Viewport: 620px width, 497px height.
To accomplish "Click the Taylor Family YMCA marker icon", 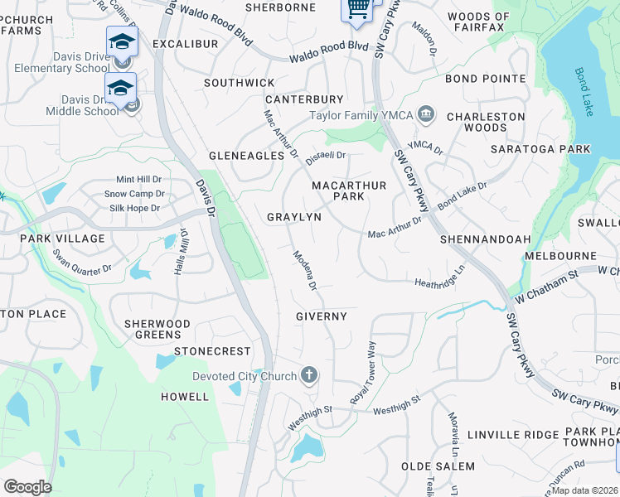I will (426, 114).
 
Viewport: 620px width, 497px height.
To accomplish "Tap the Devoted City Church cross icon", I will (308, 376).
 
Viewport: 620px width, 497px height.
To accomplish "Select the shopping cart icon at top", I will (357, 8).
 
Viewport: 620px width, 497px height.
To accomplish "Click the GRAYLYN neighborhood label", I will (293, 217).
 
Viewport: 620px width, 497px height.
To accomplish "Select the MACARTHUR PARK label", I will (348, 191).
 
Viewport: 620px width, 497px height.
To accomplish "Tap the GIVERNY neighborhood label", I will (322, 316).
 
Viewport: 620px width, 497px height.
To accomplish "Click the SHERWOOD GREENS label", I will (157, 329).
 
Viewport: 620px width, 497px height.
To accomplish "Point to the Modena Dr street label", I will (304, 271).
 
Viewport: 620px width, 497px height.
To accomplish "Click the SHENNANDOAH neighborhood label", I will (485, 239).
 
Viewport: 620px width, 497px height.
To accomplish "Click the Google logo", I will (27, 487).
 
